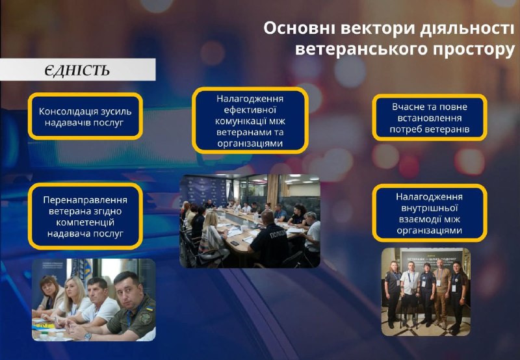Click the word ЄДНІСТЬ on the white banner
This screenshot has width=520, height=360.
click(x=77, y=70)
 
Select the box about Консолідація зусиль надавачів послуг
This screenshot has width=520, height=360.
click(x=85, y=116)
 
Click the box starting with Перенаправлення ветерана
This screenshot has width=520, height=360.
click(x=85, y=216)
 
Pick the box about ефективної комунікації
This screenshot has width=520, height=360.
click(x=250, y=121)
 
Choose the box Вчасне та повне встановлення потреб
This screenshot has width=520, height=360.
click(x=430, y=118)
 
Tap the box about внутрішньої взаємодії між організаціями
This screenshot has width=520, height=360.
click(x=430, y=213)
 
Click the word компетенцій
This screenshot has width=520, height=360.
click(x=85, y=222)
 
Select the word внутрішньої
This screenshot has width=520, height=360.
click(x=430, y=208)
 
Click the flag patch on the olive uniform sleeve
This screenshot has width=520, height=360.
click(x=149, y=309)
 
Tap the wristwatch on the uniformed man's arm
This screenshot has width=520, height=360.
click(x=88, y=337)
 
